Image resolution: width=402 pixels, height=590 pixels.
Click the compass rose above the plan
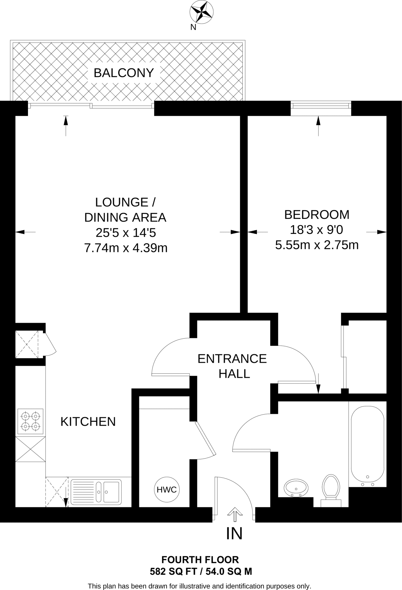click(201, 12)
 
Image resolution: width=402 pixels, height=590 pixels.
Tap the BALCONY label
click(124, 73)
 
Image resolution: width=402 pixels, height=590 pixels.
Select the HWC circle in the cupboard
click(167, 489)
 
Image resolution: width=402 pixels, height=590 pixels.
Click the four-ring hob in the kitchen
click(30, 421)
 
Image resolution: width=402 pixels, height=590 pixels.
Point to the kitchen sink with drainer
click(96, 492)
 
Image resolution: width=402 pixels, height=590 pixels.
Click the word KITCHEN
click(88, 422)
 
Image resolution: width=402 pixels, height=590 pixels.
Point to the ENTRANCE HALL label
click(232, 366)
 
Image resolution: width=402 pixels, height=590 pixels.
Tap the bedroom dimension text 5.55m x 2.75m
click(317, 245)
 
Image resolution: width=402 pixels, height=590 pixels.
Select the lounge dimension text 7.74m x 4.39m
click(126, 248)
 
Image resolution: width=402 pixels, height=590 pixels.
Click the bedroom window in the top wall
click(321, 108)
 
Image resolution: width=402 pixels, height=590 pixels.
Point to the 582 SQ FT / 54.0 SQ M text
click(201, 571)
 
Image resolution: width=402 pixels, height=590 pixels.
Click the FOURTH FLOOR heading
click(200, 560)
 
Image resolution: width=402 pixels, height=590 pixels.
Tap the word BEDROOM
click(317, 215)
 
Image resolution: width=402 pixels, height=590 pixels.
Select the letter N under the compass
click(193, 27)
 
